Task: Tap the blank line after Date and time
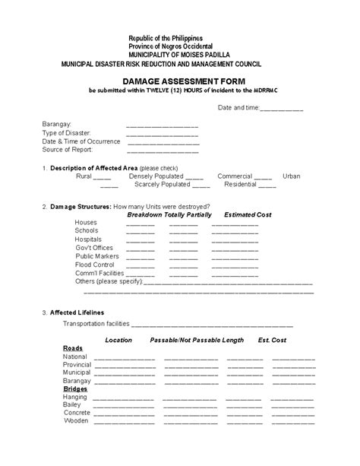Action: pyautogui.click(x=282, y=109)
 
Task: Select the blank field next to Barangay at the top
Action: pyautogui.click(x=162, y=125)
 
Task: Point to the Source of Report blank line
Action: pyautogui.click(x=162, y=151)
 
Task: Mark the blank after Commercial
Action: pyautogui.click(x=263, y=176)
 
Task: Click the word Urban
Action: pyautogui.click(x=292, y=176)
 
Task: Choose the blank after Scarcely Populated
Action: pyautogui.click(x=201, y=185)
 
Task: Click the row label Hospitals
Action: pyautogui.click(x=90, y=239)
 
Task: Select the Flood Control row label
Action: pyautogui.click(x=93, y=265)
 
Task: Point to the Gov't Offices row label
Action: pyautogui.click(x=94, y=248)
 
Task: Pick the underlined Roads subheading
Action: pyautogui.click(x=73, y=347)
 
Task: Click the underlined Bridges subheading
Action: pyautogui.click(x=75, y=388)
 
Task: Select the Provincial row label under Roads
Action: pyautogui.click(x=77, y=365)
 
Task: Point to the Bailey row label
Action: pyautogui.click(x=74, y=404)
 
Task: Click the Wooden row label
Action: pyautogui.click(x=76, y=420)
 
